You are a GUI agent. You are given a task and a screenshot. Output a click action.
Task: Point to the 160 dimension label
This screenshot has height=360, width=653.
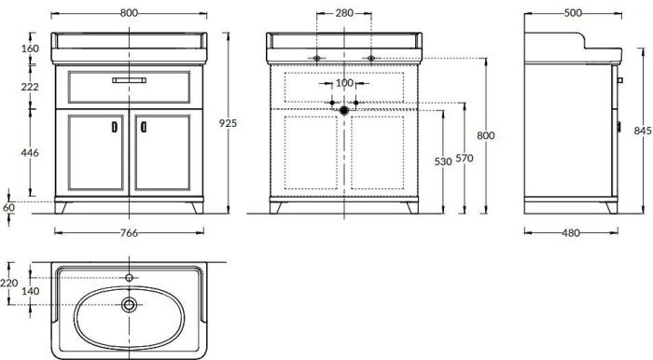pyautogui.click(x=31, y=48)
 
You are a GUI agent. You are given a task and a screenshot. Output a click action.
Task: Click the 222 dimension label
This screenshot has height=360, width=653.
pyautogui.click(x=31, y=86)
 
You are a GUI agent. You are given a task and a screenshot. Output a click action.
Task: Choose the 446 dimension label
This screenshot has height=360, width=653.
pyautogui.click(x=31, y=153)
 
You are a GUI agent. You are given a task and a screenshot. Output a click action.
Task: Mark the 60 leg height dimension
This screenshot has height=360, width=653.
pyautogui.click(x=9, y=207)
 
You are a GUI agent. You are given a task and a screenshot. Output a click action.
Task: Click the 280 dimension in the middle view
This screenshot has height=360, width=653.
pyautogui.click(x=344, y=12)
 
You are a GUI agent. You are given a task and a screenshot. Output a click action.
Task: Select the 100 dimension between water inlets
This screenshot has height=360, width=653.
pyautogui.click(x=344, y=83)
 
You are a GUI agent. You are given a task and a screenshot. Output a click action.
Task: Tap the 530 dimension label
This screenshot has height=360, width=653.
pyautogui.click(x=443, y=161)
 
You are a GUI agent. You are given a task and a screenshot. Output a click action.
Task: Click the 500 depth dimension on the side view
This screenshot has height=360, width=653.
pyautogui.click(x=572, y=12)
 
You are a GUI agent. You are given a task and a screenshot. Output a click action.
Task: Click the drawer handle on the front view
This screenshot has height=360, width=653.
pyautogui.click(x=130, y=81)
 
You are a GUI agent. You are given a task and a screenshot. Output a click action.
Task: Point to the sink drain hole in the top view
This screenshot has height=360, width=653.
pyautogui.click(x=129, y=304)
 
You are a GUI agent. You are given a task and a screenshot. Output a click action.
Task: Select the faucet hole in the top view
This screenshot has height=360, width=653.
pyautogui.click(x=129, y=277)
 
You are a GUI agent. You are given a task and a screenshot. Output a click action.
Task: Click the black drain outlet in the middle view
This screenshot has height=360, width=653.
pyautogui.click(x=344, y=109)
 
